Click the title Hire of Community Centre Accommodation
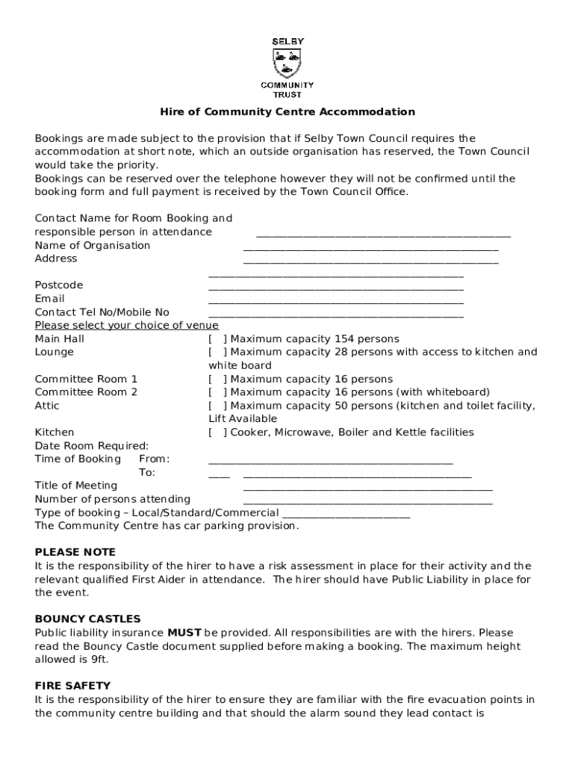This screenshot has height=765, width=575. pos(287,112)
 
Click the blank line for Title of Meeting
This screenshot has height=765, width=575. pos(367,488)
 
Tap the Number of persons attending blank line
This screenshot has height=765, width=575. pos(367,501)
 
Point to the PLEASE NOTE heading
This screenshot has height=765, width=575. pos(75,552)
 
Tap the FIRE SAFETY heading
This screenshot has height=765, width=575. pos(72,686)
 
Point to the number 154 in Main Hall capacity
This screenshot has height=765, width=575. pos(345,339)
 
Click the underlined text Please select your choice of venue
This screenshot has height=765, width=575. pos(127,326)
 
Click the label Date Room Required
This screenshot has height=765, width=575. pos(92,446)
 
